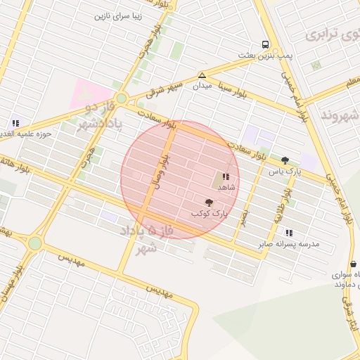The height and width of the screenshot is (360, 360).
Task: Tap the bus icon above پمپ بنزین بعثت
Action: pos(265,44)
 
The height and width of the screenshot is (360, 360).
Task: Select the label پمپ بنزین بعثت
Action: pos(264,55)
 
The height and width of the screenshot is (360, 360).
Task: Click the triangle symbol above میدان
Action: pos(202,75)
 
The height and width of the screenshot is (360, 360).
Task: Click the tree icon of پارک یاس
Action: pos(285,160)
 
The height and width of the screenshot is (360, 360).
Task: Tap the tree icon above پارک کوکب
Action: pos(208,202)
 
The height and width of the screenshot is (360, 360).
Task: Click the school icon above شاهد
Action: pos(226,177)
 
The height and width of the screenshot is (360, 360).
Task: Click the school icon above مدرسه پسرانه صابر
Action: pos(289,233)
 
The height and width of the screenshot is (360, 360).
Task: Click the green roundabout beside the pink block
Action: pos(121,98)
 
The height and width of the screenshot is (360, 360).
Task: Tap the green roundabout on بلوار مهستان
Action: pos(35,243)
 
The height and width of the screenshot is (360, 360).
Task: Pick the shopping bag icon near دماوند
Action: pos(352,264)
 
